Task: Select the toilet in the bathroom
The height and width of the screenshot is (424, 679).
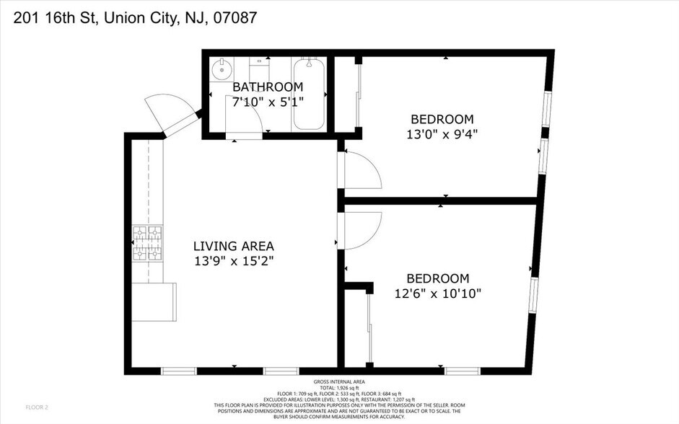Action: tap(258, 71)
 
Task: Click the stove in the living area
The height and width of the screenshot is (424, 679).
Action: tap(146, 242)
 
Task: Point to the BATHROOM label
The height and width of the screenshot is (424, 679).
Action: tap(268, 87)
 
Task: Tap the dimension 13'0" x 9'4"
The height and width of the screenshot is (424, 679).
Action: tap(442, 134)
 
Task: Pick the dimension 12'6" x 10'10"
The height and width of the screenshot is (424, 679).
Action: tap(437, 293)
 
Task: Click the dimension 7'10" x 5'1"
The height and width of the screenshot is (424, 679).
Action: tap(268, 102)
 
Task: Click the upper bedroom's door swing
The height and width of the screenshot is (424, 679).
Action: tap(362, 171)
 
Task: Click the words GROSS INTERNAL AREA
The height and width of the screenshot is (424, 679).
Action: tap(339, 381)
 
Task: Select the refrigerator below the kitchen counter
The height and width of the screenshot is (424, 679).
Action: tap(154, 301)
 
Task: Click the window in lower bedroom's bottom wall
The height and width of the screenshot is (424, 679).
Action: tap(462, 371)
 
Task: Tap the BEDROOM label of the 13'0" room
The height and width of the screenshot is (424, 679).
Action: tap(442, 119)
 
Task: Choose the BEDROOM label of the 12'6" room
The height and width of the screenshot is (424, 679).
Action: tap(437, 278)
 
